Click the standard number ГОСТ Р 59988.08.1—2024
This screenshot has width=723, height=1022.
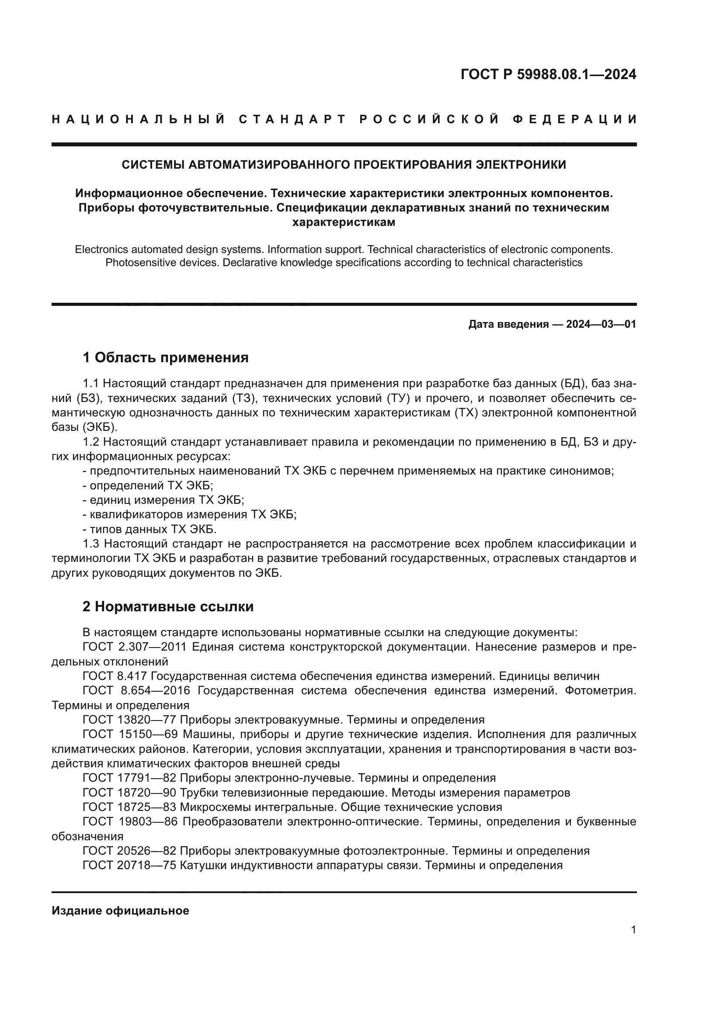[548, 74]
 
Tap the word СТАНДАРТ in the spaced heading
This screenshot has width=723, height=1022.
[292, 119]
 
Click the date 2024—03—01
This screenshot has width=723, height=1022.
[601, 324]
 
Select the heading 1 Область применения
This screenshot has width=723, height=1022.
[165, 357]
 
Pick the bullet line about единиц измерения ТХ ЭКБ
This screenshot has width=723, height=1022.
[163, 500]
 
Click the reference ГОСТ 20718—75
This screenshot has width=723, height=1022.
[129, 865]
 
